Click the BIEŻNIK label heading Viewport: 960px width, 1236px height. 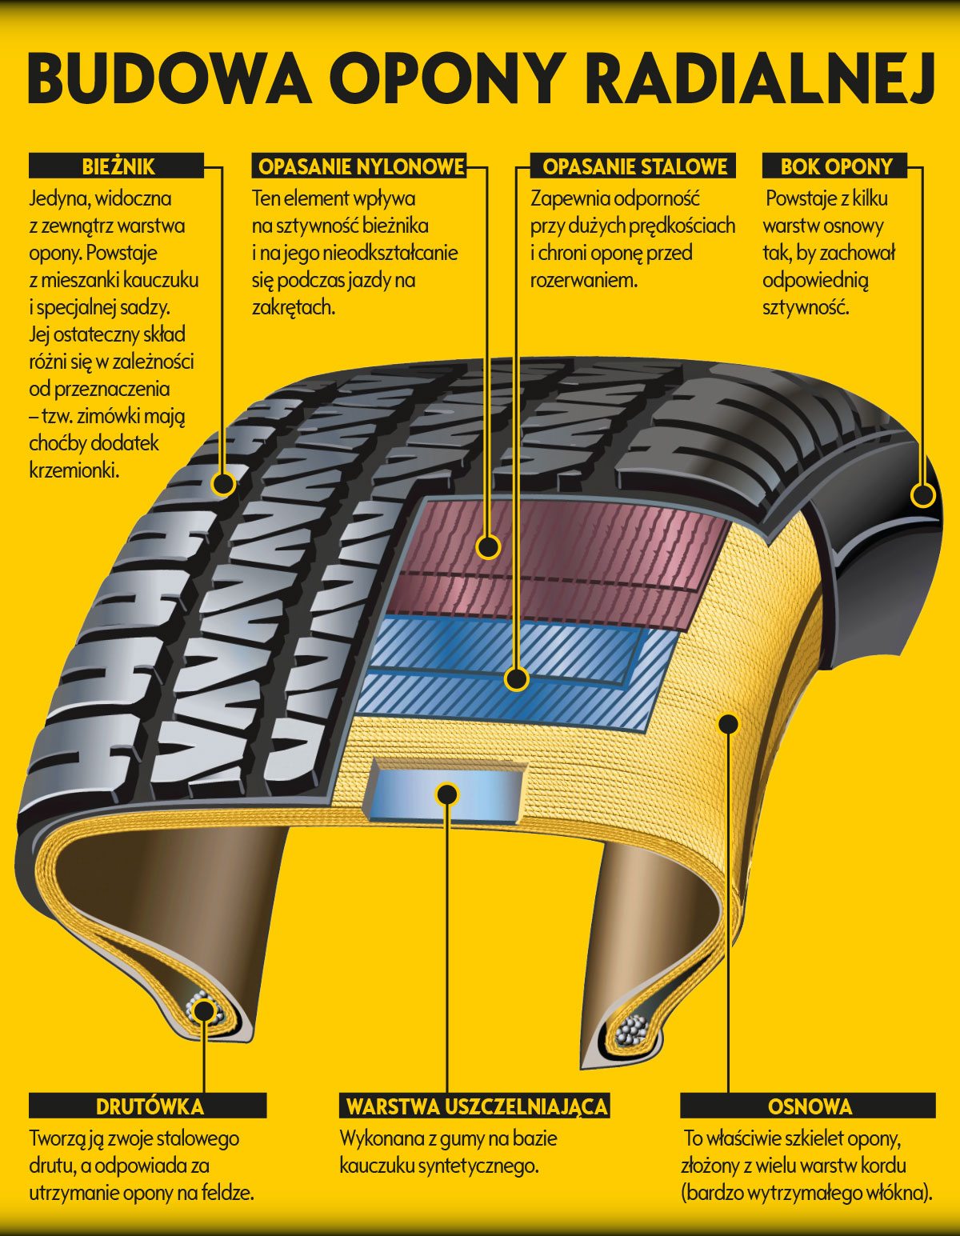pos(118,166)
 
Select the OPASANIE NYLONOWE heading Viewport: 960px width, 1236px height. pos(361,166)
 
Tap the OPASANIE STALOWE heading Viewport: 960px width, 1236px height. pos(634,166)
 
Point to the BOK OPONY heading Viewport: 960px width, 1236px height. pos(837,166)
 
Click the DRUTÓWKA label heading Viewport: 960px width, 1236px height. pos(150,1106)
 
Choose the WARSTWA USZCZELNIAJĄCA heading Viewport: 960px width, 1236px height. pos(477,1106)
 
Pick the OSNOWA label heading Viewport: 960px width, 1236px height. pos(810,1106)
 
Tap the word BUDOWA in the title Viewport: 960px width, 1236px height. pos(169,78)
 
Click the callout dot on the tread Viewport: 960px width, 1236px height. pos(223,484)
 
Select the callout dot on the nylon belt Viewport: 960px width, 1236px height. pos(488,547)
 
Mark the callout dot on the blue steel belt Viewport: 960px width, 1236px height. pos(517,679)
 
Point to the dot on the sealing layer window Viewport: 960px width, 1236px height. pos(447,794)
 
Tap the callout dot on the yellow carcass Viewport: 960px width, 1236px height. pos(729,725)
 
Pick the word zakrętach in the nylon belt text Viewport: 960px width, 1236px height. pos(294,308)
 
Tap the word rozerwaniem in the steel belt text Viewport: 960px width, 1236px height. pos(584,281)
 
